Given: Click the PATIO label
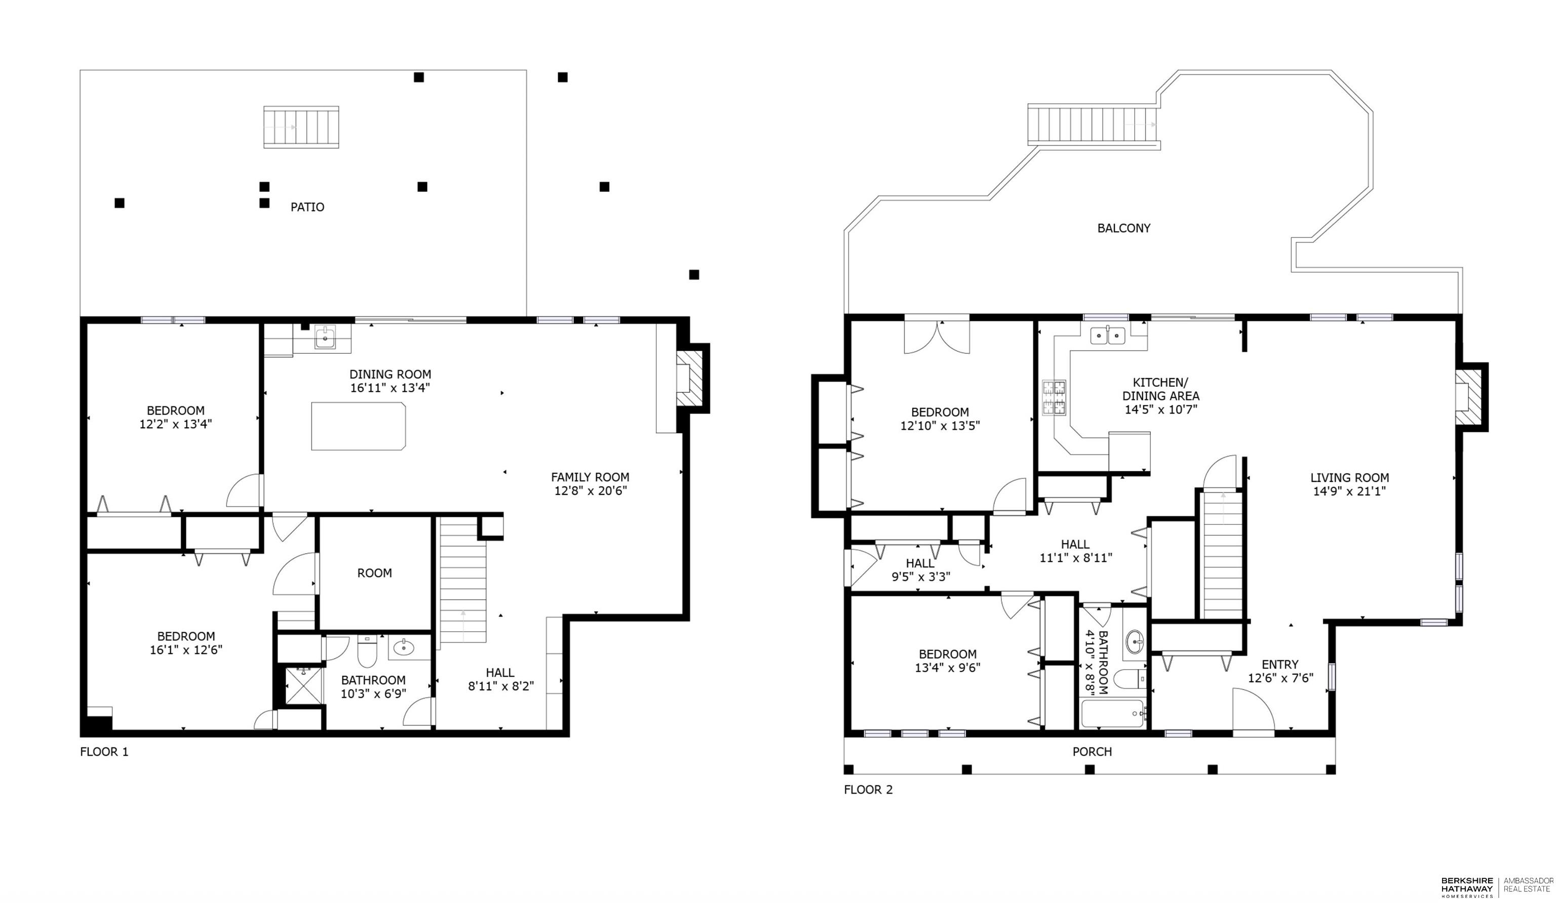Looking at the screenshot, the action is click(x=307, y=207).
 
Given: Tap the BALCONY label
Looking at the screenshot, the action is click(x=1124, y=228).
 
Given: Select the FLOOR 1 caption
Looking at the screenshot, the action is click(x=104, y=752).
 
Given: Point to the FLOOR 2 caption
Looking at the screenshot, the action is click(x=868, y=790).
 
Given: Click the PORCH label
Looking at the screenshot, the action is click(x=1092, y=752).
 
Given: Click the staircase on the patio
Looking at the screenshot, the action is click(x=301, y=127).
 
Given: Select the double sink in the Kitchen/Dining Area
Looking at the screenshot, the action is click(x=1108, y=335).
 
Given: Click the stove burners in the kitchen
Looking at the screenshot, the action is click(x=1054, y=397).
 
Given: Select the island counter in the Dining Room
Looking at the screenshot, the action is click(x=358, y=426).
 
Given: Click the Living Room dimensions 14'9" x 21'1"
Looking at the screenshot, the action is click(x=1350, y=491).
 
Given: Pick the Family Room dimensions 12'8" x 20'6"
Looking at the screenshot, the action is click(x=590, y=490).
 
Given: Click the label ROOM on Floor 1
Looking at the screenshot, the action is click(x=374, y=573).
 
